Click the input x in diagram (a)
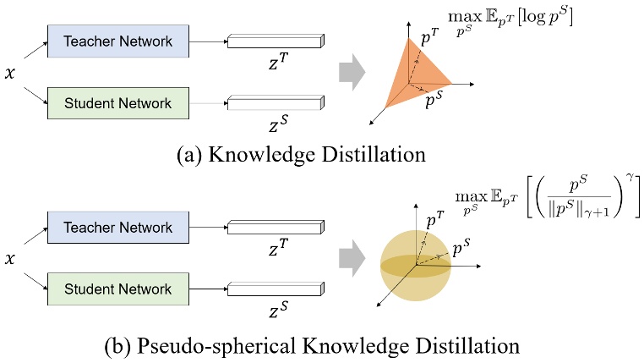pyautogui.click(x=10, y=74)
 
